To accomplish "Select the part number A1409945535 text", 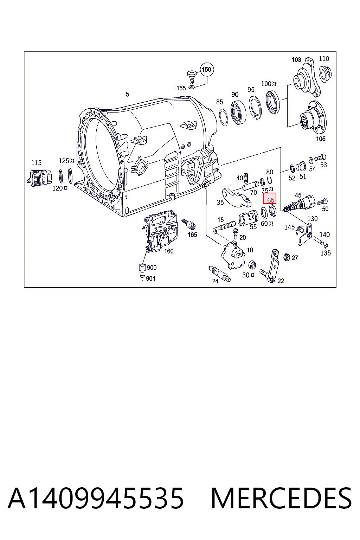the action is (96, 499).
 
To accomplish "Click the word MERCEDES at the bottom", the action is (281, 499).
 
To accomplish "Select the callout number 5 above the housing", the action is (128, 94).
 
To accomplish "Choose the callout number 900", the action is (152, 268).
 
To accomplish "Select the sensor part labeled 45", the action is (300, 203).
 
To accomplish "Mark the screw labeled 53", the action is (321, 157).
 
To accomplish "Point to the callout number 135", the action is (326, 253).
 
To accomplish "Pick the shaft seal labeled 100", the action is (272, 102).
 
